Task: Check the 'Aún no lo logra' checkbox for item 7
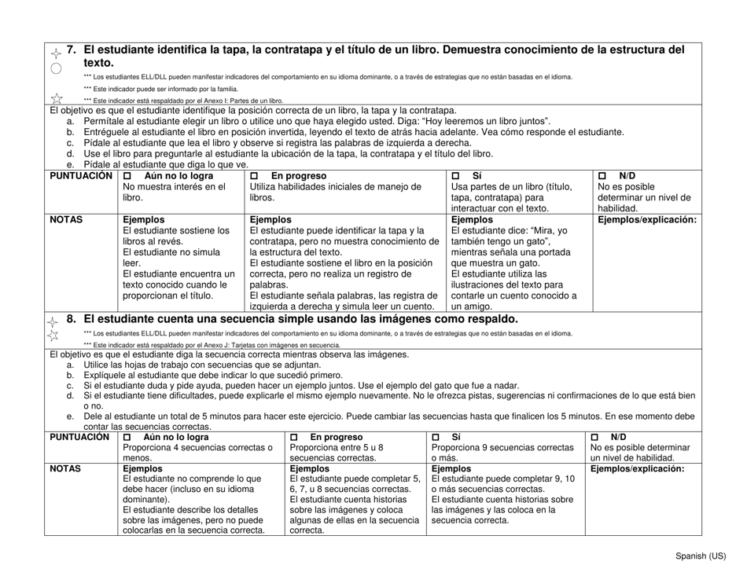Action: [x=128, y=176]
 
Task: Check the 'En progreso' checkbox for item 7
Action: [x=254, y=176]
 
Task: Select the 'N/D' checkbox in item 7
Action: [x=603, y=176]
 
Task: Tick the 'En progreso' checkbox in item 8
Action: [x=295, y=437]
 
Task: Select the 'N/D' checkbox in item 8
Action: [x=595, y=437]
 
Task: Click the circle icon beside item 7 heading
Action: [x=56, y=68]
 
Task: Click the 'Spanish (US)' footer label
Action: [x=701, y=556]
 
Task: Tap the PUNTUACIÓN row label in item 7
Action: [x=82, y=176]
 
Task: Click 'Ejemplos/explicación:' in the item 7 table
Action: [x=647, y=220]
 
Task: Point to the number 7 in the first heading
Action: [x=71, y=50]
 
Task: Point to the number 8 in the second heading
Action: [x=71, y=319]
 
